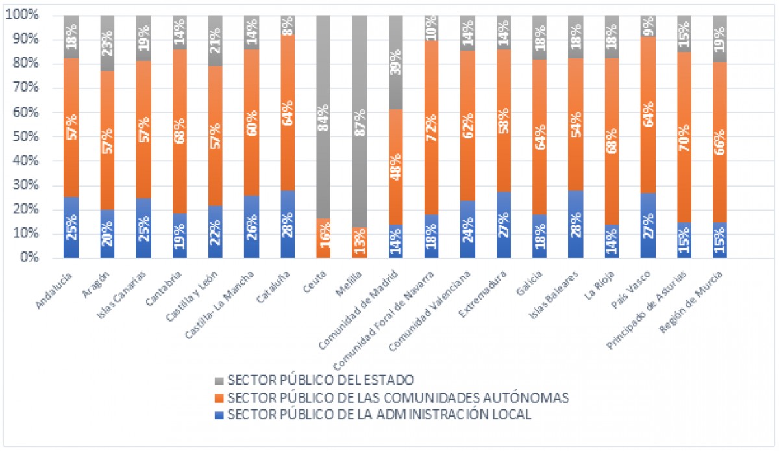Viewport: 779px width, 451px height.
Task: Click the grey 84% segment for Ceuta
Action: pos(323,117)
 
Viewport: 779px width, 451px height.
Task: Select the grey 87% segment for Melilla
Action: pos(360,121)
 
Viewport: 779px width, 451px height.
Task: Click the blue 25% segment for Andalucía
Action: pos(71,227)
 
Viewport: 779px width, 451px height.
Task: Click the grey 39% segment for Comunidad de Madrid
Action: pos(395,62)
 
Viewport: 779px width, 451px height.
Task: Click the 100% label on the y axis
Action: pos(22,16)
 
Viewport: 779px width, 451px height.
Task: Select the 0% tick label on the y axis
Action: pos(27,259)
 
